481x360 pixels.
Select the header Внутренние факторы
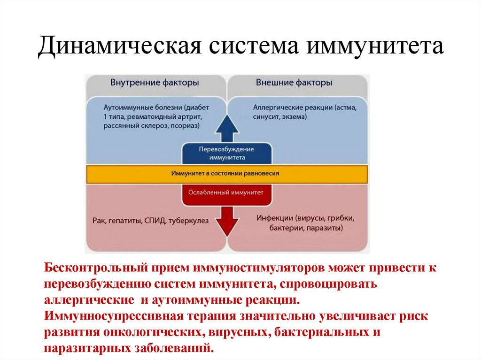[x=154, y=83]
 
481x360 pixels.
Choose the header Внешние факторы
[x=294, y=83]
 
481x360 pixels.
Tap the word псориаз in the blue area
[x=184, y=126]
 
